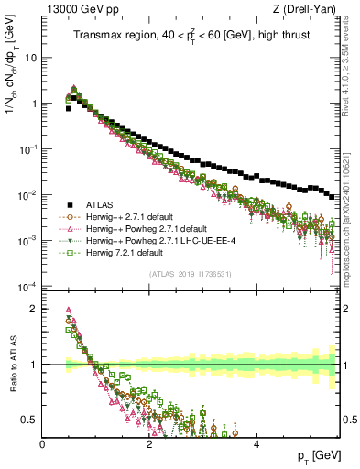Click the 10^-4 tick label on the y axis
point(27,287)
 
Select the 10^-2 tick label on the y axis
point(27,195)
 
